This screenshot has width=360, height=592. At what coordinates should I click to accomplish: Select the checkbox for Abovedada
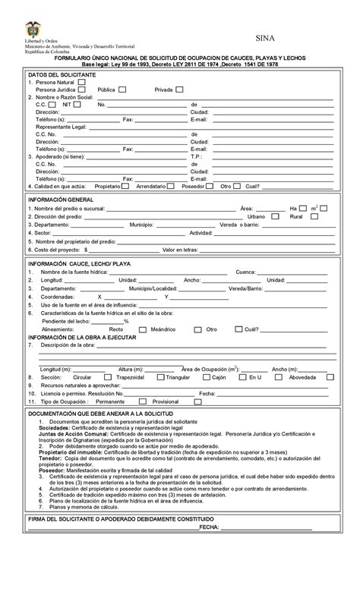[x=328, y=376]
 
